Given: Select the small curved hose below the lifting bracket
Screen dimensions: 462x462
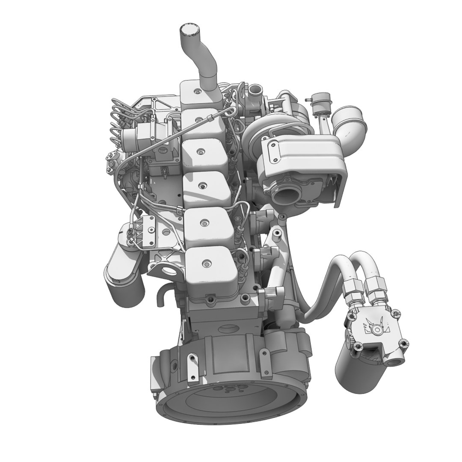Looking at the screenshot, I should point(162,295).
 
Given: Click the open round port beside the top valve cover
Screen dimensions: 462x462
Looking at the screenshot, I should point(256,90).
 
